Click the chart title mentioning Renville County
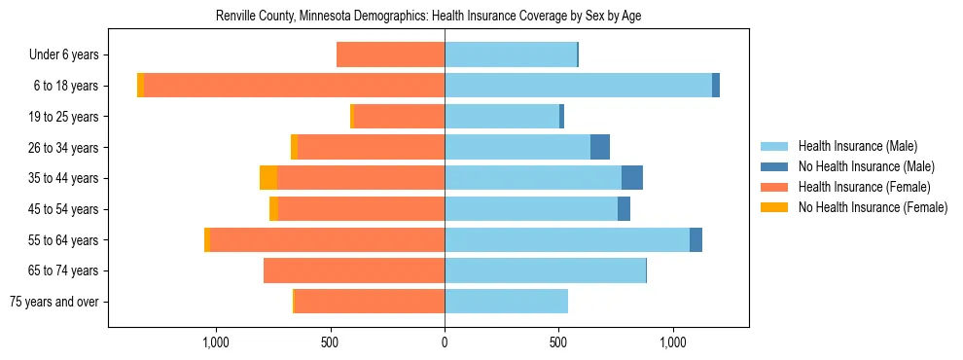click(x=428, y=17)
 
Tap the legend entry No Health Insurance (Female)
click(x=872, y=207)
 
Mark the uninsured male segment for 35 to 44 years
click(x=632, y=178)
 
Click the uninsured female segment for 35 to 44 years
click(x=268, y=178)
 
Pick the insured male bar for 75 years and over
click(x=506, y=302)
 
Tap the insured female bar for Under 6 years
click(x=390, y=55)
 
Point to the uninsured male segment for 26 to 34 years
click(x=600, y=148)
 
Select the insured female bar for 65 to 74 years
click(x=354, y=270)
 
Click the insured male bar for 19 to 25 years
click(x=502, y=117)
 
